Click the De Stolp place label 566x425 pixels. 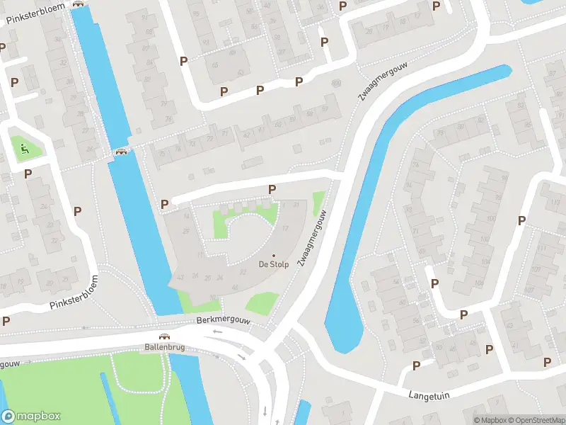click(274, 265)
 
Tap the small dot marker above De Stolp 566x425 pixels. click(274, 256)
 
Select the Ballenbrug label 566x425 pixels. click(163, 347)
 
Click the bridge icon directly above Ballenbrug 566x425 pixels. click(163, 337)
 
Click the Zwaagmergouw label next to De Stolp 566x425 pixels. click(312, 238)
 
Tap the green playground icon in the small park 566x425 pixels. click(23, 148)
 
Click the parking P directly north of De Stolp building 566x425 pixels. click(272, 189)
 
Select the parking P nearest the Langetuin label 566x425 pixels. click(416, 365)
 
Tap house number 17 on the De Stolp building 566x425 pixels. click(286, 228)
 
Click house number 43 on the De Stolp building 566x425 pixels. click(181, 276)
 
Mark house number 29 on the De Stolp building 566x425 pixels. click(186, 232)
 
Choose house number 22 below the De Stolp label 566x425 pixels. click(243, 271)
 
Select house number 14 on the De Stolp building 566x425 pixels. click(186, 215)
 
